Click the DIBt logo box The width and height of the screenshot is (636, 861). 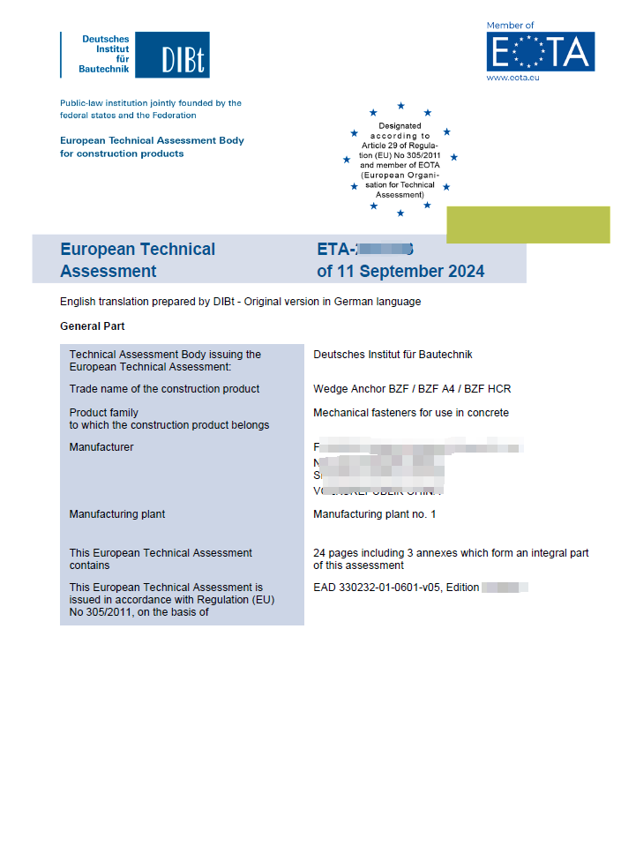click(x=183, y=56)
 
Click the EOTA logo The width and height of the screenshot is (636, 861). click(x=540, y=52)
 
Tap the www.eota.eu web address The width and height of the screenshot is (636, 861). click(x=513, y=78)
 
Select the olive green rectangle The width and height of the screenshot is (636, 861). click(x=528, y=225)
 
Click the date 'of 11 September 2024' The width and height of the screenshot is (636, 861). click(x=400, y=272)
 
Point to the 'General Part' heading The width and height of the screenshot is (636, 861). click(x=93, y=326)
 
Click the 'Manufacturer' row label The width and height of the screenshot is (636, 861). click(x=101, y=447)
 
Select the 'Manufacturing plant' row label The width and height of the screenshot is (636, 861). click(x=117, y=514)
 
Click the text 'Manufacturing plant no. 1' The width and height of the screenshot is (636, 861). click(x=375, y=514)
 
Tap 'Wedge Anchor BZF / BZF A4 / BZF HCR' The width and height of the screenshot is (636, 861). click(x=412, y=389)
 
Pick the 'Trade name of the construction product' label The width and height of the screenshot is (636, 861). click(x=164, y=389)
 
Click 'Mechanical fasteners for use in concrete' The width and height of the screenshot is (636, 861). click(x=411, y=413)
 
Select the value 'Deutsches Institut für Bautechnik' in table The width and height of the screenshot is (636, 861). click(x=393, y=355)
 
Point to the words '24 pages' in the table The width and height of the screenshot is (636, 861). click(x=333, y=553)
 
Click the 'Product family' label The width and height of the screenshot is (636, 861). click(x=103, y=413)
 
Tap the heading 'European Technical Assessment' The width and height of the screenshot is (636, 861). click(x=137, y=260)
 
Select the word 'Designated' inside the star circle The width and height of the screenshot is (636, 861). click(x=400, y=126)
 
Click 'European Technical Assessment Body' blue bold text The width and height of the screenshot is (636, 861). click(x=152, y=140)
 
